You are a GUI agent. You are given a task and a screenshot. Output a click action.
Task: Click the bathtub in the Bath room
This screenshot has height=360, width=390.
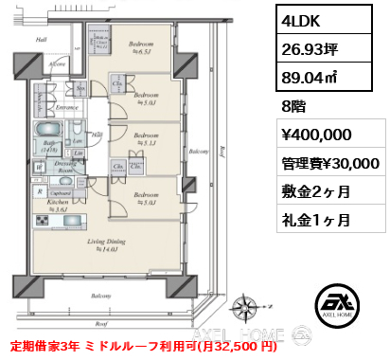[47, 130]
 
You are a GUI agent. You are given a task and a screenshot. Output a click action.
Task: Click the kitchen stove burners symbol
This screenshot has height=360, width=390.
[44, 220]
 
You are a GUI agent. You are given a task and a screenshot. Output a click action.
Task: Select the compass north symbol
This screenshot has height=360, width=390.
[252, 307]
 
